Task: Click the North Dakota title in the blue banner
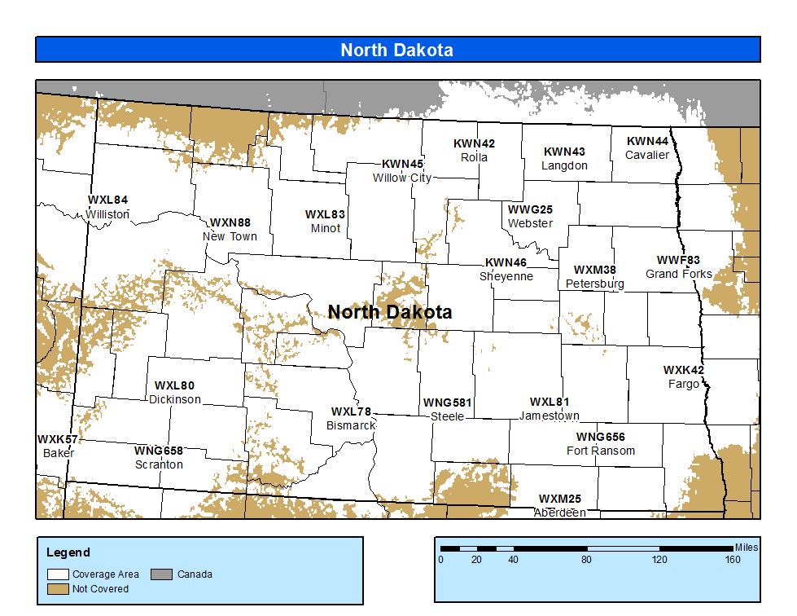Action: coord(396,50)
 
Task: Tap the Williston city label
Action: coord(107,214)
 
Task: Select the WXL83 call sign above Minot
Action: coord(326,214)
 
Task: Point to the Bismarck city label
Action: coord(351,425)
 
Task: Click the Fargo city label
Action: coord(684,384)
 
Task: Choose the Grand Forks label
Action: coord(679,274)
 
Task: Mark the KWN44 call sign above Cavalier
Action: coord(647,141)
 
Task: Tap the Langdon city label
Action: coord(564,165)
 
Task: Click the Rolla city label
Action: coord(474,157)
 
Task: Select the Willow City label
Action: coord(402,178)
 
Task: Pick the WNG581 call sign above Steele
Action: coord(447,403)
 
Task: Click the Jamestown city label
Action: coord(550,416)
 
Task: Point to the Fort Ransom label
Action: coord(601,451)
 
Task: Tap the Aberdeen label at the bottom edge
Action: coord(560,513)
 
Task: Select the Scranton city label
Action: coord(159,464)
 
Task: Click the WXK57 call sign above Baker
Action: coord(58,439)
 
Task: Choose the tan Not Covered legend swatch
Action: coord(58,588)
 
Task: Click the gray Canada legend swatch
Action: coord(163,574)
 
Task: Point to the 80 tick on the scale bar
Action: coord(586,560)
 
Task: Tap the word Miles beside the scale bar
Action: coord(746,548)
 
